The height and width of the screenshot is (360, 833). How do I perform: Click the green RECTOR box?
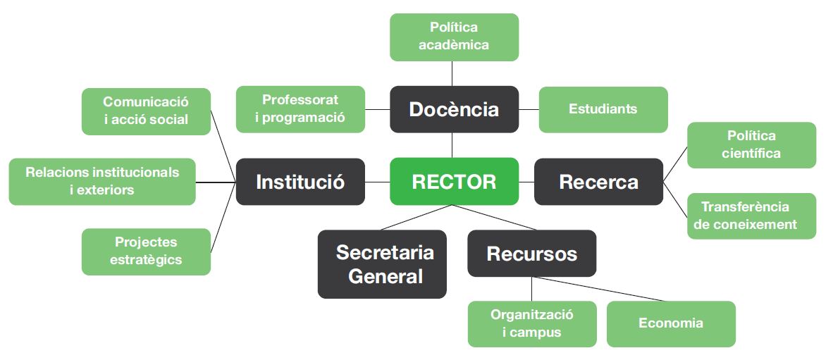pyautogui.click(x=454, y=182)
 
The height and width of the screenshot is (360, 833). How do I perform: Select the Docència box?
pyautogui.click(x=454, y=109)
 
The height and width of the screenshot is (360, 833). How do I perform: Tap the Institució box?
pyautogui.click(x=300, y=182)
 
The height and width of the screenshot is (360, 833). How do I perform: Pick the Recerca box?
pyautogui.click(x=598, y=182)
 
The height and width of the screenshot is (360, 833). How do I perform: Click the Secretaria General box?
pyautogui.click(x=382, y=264)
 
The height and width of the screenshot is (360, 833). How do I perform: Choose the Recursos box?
pyautogui.click(x=531, y=254)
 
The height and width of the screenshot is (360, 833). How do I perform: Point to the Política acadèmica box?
pyautogui.click(x=454, y=37)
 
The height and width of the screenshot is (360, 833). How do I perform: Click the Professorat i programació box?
pyautogui.click(x=300, y=109)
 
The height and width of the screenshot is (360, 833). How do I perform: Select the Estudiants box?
pyautogui.click(x=603, y=109)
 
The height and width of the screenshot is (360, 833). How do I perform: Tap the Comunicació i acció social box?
pyautogui.click(x=146, y=111)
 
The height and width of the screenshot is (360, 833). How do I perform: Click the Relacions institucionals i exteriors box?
pyautogui.click(x=102, y=182)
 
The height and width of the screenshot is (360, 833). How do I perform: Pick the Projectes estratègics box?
pyautogui.click(x=146, y=252)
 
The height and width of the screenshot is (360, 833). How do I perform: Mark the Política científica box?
pyautogui.click(x=751, y=145)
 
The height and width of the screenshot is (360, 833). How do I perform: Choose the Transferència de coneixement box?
pyautogui.click(x=751, y=216)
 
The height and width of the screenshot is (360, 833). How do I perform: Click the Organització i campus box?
pyautogui.click(x=531, y=324)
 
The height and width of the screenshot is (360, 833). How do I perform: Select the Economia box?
pyautogui.click(x=670, y=324)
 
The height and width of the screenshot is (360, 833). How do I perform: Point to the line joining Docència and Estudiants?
pyautogui.click(x=529, y=109)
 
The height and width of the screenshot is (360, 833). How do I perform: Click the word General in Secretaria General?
pyautogui.click(x=385, y=275)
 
